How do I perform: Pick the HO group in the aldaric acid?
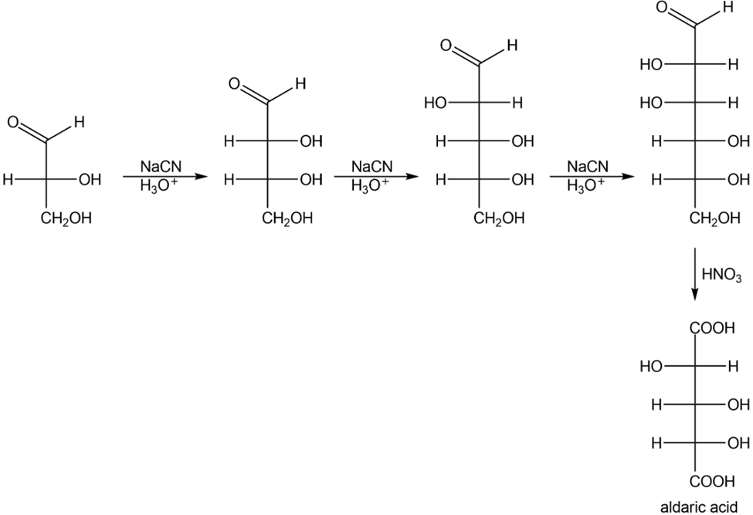[x=651, y=367]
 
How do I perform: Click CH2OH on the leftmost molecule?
[x=66, y=219]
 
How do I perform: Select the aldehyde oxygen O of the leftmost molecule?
[x=13, y=122]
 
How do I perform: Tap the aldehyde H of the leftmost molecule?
[x=80, y=122]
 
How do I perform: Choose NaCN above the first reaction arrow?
[x=161, y=166]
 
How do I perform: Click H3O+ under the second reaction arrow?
[x=371, y=186]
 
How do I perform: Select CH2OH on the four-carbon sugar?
[x=287, y=219]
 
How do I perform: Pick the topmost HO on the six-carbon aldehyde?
[x=651, y=65]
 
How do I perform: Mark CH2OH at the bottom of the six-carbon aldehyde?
[x=715, y=219]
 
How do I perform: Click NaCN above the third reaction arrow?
[x=587, y=166]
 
